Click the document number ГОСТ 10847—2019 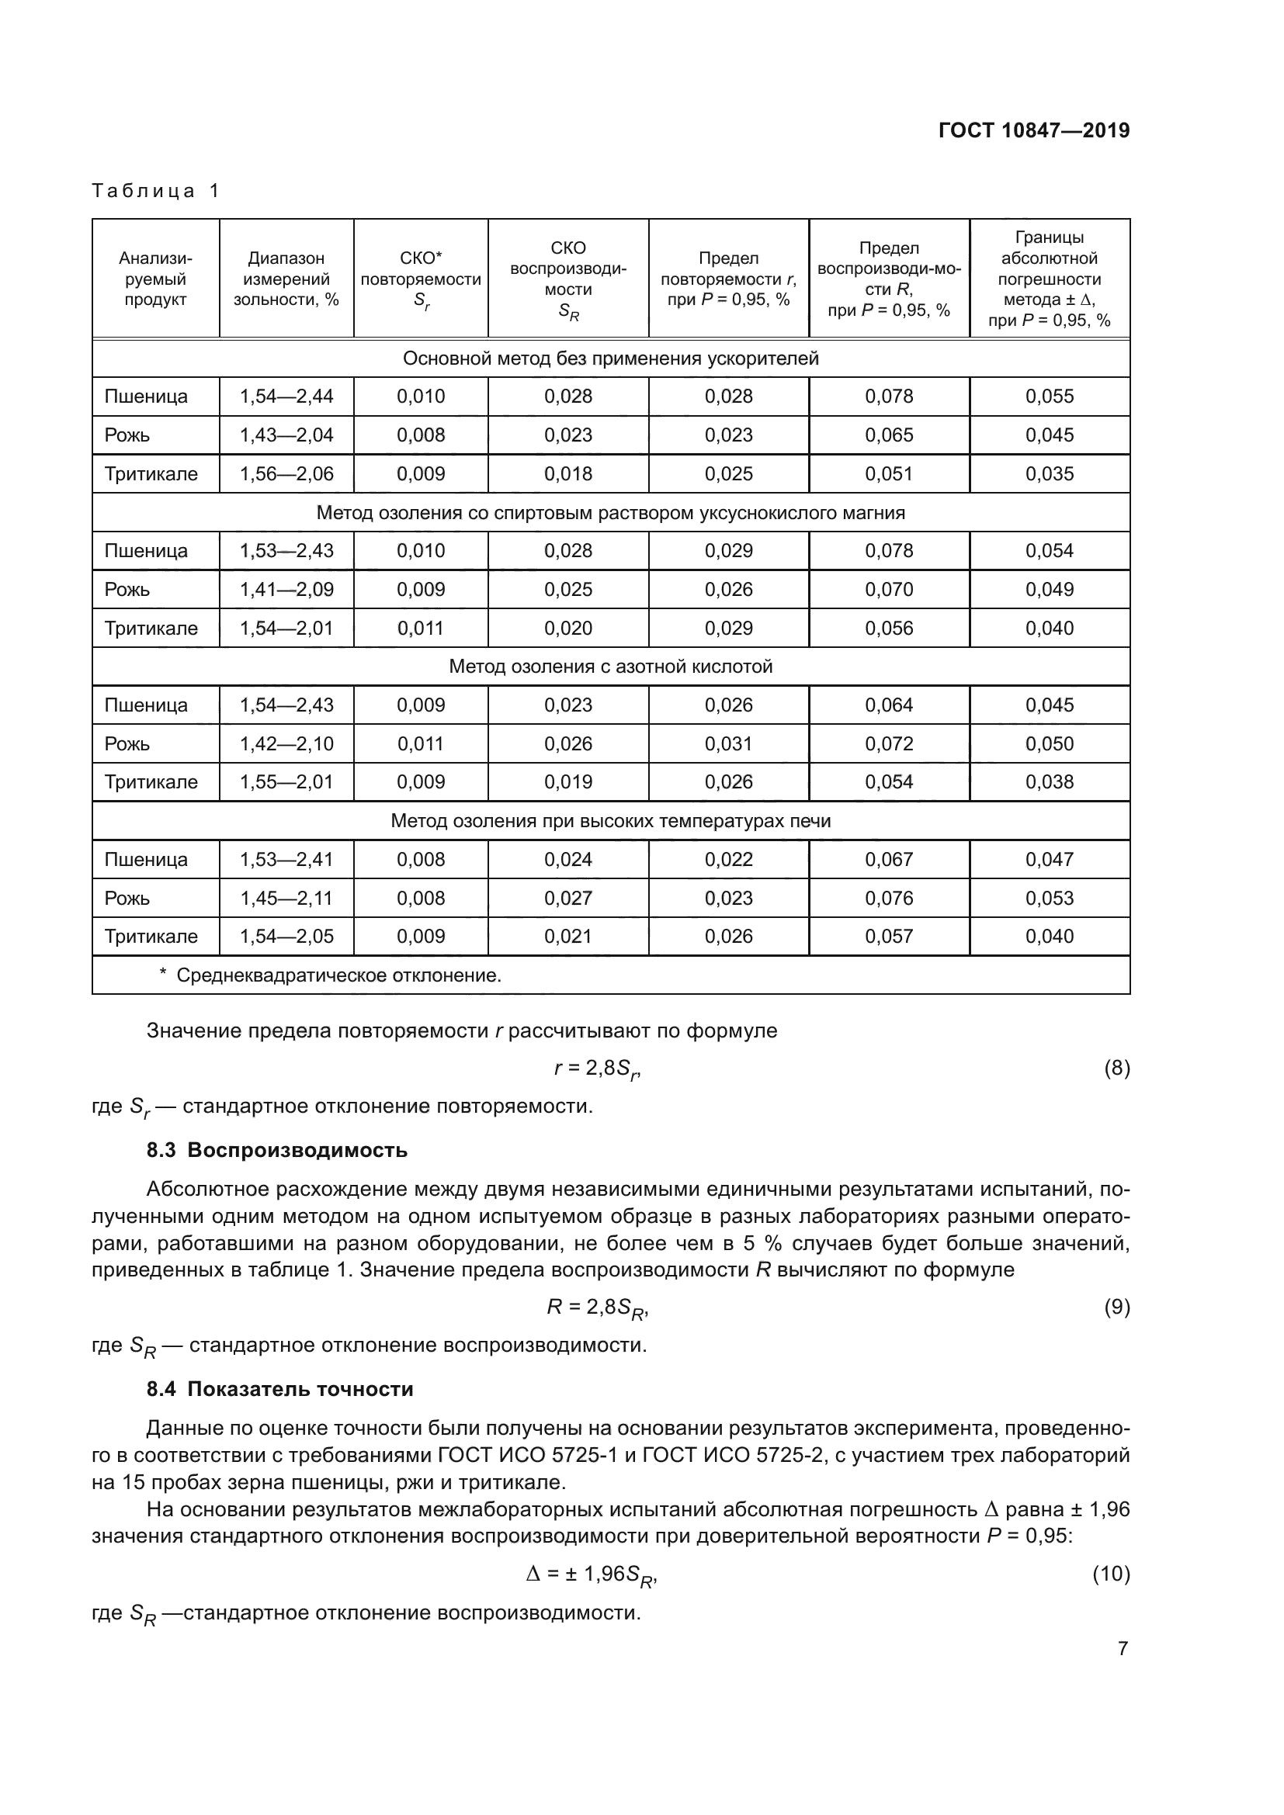point(1033,130)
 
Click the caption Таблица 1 point(156,191)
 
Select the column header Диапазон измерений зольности point(286,279)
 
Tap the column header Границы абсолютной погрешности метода point(1050,279)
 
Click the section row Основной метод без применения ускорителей point(610,359)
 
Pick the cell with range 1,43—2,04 point(286,435)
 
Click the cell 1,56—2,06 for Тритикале point(286,473)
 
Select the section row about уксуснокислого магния point(610,512)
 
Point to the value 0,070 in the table point(889,589)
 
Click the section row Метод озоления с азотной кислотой point(610,667)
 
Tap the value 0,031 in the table point(728,743)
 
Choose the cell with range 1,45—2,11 point(286,898)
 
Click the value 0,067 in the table point(889,859)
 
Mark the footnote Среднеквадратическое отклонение point(338,975)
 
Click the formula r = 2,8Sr point(597,1069)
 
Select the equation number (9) point(1116,1307)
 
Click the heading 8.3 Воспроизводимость point(276,1150)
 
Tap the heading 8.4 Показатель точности point(280,1389)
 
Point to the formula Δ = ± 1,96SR point(592,1574)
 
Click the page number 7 point(1123,1648)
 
